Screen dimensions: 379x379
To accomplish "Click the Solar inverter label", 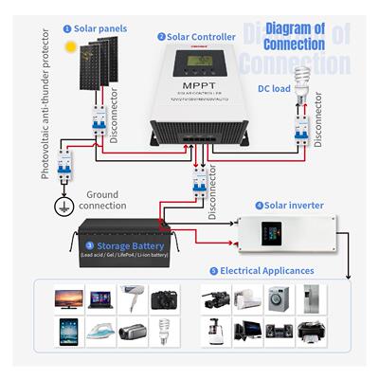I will pyautogui.click(x=291, y=205).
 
